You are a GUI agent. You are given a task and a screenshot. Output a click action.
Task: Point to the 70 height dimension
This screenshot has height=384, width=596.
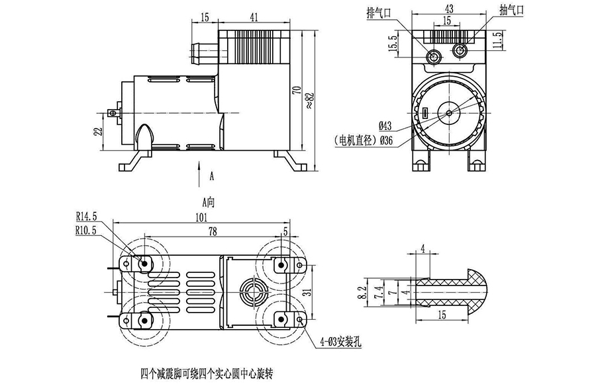tap(295, 90)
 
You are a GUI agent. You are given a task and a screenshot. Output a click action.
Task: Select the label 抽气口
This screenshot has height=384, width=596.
tap(513, 11)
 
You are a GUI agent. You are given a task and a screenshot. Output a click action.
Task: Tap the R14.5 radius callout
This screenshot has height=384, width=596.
tap(87, 216)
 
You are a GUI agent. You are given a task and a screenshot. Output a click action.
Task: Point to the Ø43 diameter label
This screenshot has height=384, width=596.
tap(387, 126)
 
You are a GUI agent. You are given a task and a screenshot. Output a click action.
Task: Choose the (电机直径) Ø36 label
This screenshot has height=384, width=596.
tap(364, 140)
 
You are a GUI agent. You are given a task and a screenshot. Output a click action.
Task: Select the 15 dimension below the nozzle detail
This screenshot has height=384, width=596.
tap(440, 315)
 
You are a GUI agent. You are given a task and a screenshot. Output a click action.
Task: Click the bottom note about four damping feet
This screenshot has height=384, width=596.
tap(207, 372)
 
